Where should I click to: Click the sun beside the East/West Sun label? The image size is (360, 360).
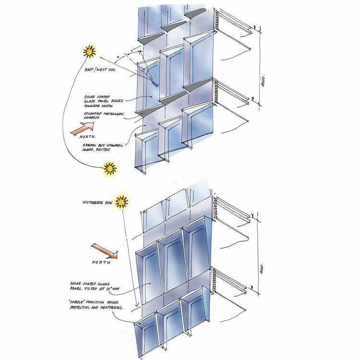pyautogui.click(x=89, y=51)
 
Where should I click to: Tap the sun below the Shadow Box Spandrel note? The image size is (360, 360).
pyautogui.click(x=110, y=168)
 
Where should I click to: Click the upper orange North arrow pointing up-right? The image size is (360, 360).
pyautogui.click(x=82, y=129)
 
